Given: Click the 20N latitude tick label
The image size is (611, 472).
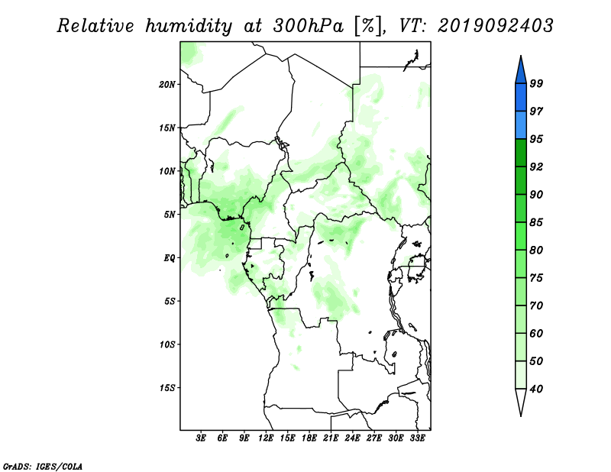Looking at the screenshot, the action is point(167,85).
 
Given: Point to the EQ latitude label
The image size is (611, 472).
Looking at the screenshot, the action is point(170,258).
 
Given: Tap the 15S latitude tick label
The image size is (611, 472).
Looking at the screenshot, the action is point(167,388).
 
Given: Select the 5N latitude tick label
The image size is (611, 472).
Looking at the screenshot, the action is point(170,215).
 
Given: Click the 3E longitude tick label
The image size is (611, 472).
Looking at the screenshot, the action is point(201,438).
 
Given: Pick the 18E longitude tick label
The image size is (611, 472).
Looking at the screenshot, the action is point(309,438).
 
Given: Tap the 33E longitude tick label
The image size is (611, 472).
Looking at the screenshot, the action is point(417,438).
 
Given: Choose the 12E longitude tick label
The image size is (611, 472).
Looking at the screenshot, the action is point(266,438).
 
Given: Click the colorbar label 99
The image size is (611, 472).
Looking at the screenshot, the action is point(536,83).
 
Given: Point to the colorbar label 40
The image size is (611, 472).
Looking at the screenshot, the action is point(536,389).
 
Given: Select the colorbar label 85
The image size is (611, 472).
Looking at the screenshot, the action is point(536,222).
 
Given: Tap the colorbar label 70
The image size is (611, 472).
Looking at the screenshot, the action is point(536,306).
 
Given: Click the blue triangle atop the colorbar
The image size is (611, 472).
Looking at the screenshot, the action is point(521,72).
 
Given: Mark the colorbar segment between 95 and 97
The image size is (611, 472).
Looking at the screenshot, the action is point(521,125).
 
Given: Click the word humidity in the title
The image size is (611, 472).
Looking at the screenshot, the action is point(189,26).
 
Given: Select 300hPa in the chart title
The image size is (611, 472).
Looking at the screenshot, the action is point(309,26).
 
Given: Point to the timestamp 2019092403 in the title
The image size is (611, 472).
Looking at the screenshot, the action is point(495,26).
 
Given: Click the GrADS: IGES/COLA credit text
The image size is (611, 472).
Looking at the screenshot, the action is point(43,466).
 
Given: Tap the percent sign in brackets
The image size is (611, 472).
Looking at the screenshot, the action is point(368,26).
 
